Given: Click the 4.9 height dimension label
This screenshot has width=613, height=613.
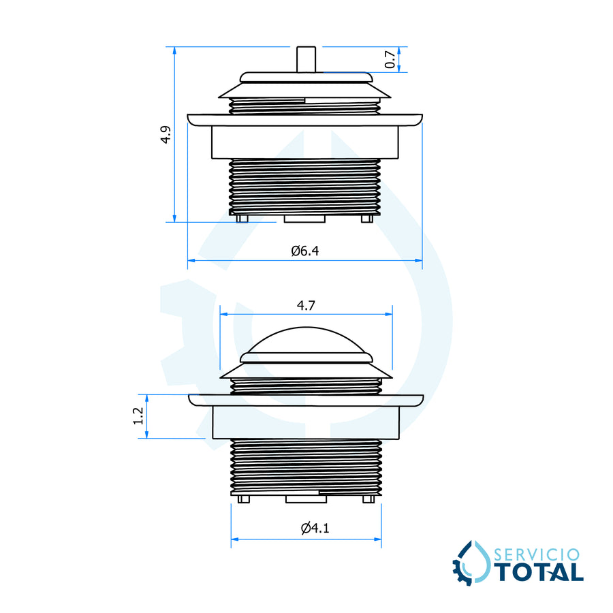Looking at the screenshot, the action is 166,134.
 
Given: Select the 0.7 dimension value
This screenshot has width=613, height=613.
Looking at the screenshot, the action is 390,59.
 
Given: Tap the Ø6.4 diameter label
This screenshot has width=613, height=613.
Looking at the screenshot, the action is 305,251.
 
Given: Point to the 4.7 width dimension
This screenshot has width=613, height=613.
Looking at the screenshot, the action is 306,305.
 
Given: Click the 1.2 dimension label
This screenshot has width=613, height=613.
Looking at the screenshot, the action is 138,416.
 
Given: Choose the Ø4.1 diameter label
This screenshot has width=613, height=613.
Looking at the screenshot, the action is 315,528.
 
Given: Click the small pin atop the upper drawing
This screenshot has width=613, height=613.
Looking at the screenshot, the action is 306,59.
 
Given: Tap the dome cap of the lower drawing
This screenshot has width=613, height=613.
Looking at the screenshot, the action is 306,340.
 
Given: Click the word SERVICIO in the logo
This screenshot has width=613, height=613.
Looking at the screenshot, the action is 537,554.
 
